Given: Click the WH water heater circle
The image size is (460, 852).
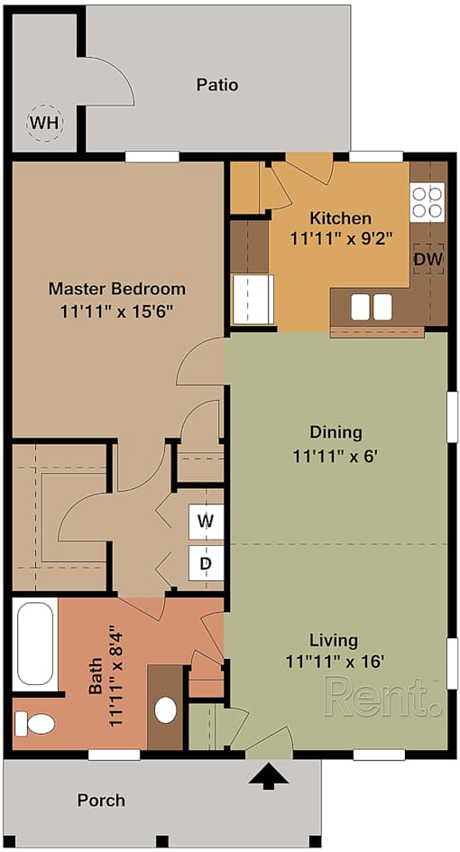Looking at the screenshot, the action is [x=44, y=124].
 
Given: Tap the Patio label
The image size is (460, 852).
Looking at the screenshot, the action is [x=217, y=86].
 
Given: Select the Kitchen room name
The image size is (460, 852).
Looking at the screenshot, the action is [x=341, y=218].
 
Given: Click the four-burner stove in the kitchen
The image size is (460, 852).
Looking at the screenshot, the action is [x=427, y=201].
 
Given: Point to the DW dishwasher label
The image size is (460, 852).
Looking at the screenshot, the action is [x=428, y=260].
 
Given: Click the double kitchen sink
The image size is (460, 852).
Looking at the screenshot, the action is [x=372, y=307].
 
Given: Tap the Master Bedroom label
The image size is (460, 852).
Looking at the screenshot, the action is [x=117, y=288].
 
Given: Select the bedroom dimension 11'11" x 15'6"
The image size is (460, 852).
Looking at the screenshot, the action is [x=117, y=311].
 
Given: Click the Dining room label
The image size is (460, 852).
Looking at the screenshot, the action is [x=336, y=432].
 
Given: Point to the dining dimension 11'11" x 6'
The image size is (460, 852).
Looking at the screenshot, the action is [x=336, y=457].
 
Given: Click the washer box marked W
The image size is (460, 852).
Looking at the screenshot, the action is [x=206, y=522].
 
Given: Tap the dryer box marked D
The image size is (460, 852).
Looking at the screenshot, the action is [x=206, y=563].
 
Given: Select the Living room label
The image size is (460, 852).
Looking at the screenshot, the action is [x=334, y=640].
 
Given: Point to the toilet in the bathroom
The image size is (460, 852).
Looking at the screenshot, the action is [x=34, y=724].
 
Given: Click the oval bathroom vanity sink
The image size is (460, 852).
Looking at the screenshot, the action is [x=166, y=709].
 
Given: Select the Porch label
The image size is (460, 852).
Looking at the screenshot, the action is [x=101, y=801].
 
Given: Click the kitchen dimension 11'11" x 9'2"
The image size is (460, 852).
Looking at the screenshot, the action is [x=341, y=238].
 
